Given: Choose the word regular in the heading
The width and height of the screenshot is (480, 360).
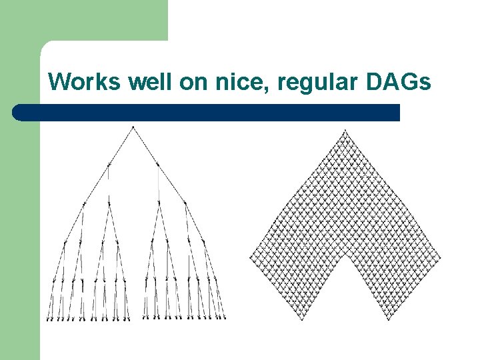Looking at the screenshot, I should pos(302,83).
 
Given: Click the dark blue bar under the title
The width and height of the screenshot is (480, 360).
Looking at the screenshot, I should pos(207,112).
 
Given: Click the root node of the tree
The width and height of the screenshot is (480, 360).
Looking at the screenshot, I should pos(133,127).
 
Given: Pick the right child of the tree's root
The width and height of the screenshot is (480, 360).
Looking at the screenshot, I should pos(157,163).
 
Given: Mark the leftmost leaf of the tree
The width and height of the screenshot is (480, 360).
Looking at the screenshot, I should pos(47,319).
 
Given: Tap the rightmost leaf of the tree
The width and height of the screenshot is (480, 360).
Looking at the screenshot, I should pos(224,318).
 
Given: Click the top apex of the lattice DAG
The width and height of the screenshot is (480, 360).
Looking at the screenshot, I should pos(344,131).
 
